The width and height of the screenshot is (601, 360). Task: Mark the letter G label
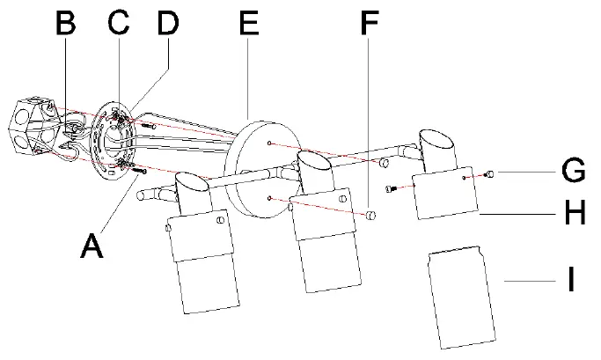coord(573,170)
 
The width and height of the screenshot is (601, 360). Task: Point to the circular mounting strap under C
coord(114,141)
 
